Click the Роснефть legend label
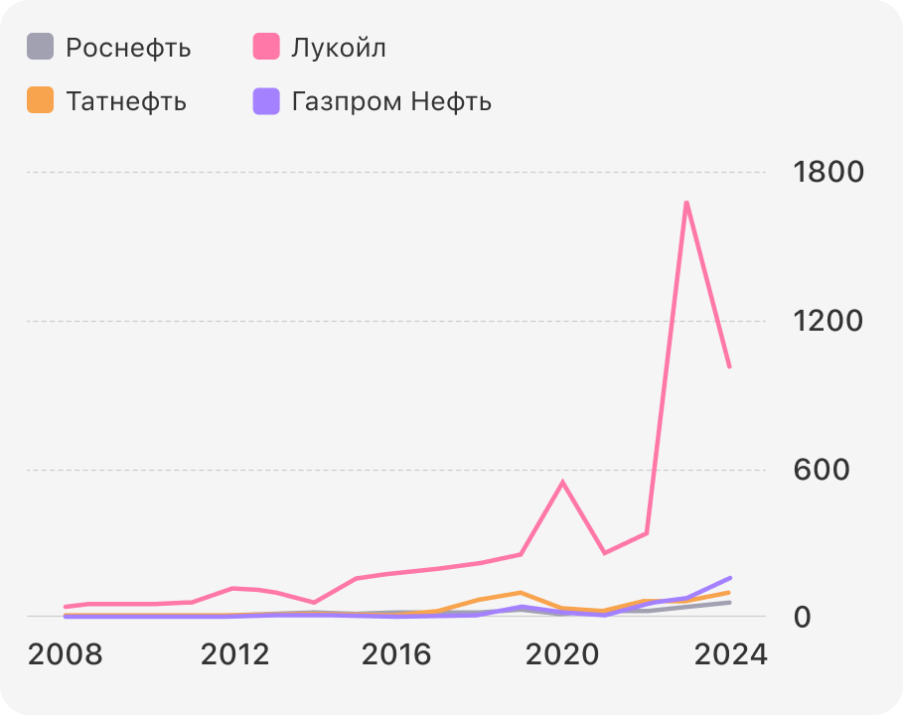click(x=128, y=48)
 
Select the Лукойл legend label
click(x=339, y=48)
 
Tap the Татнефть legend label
click(x=126, y=101)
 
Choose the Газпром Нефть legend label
click(x=391, y=101)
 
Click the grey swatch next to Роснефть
click(x=40, y=47)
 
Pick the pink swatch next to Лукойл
click(x=266, y=47)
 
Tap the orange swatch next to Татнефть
click(x=40, y=100)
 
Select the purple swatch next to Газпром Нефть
click(x=266, y=100)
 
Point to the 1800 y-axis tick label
click(x=828, y=173)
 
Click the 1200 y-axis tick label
click(x=828, y=321)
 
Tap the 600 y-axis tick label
click(x=822, y=470)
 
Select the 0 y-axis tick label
click(x=803, y=617)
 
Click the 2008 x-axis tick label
click(x=65, y=655)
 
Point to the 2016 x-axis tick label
click(x=397, y=655)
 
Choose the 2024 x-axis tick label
click(x=729, y=655)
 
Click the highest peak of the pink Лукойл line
click(x=686, y=203)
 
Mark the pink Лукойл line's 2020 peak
click(x=562, y=483)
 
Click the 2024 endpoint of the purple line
click(x=730, y=577)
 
